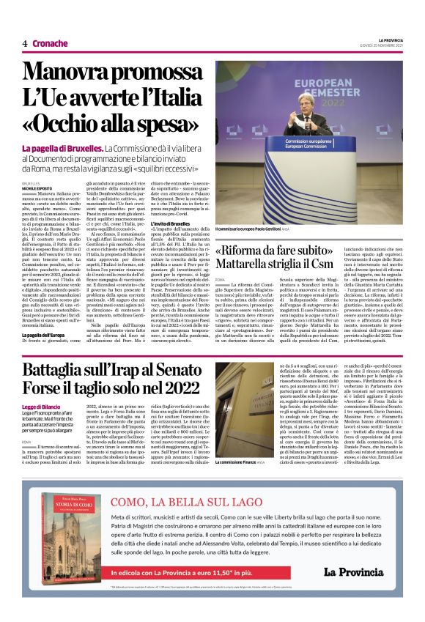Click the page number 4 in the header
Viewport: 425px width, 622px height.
(25, 43)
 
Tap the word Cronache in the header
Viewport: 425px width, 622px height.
(49, 43)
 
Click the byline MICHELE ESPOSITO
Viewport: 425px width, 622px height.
(37, 188)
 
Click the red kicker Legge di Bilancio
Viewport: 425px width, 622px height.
(42, 405)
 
